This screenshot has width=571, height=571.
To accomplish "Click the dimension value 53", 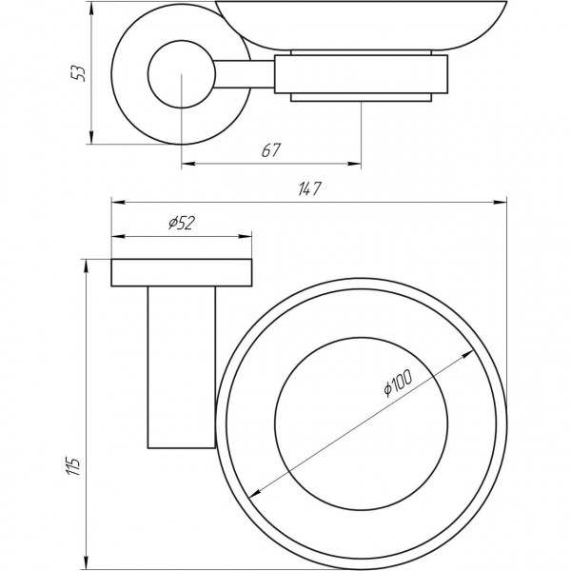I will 82,73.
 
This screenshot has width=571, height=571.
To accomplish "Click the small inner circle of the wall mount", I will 179,74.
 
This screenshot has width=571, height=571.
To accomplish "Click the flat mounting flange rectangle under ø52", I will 183,272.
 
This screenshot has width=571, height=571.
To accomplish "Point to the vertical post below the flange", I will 182,365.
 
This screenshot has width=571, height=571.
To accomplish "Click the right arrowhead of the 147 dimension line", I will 501,201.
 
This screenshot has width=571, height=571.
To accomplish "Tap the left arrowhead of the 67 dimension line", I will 186,163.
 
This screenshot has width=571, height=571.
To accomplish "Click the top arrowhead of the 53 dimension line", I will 93,7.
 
